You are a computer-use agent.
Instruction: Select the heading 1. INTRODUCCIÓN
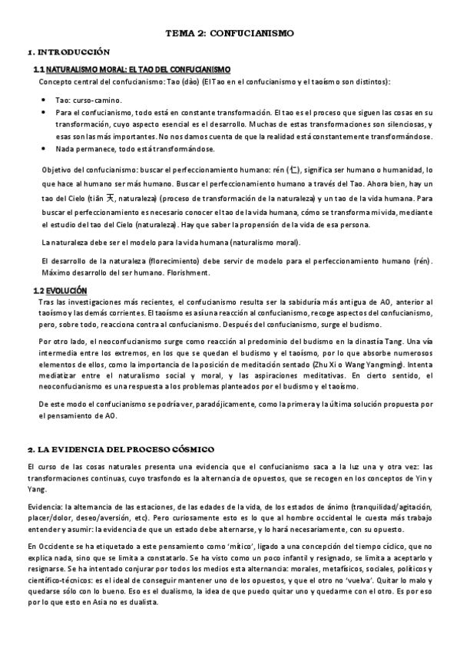tap(70, 52)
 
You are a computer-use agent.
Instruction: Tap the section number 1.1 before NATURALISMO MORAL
tap(41, 70)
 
